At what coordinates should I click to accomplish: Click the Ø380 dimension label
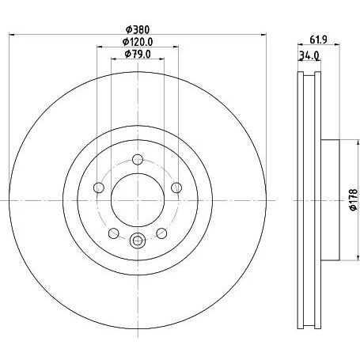pos(138,29)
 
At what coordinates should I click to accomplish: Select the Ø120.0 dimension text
pos(138,42)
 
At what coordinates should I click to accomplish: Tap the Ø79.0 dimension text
pos(138,54)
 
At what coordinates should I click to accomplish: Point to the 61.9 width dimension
pos(318,40)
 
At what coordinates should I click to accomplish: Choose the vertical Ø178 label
pos(353,199)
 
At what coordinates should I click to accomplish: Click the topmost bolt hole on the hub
pos(138,159)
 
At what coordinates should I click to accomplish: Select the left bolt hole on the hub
pos(99,188)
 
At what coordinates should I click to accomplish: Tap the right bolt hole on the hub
pos(176,188)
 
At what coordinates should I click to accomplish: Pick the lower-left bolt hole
pos(114,233)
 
